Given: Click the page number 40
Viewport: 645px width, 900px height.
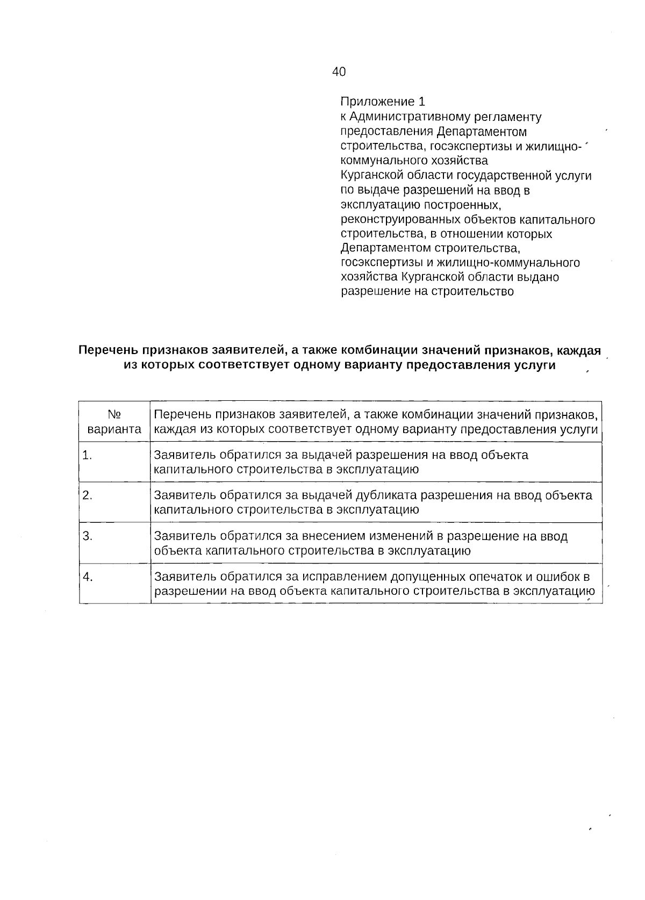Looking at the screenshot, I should click(339, 71).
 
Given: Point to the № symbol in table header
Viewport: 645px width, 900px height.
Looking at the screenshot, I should click(114, 414).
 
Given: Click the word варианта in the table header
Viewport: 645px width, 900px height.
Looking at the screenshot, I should click(114, 429).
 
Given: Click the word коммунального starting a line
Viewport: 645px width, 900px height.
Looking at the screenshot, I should click(381, 161).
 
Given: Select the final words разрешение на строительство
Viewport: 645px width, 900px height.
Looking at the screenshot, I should click(427, 292).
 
